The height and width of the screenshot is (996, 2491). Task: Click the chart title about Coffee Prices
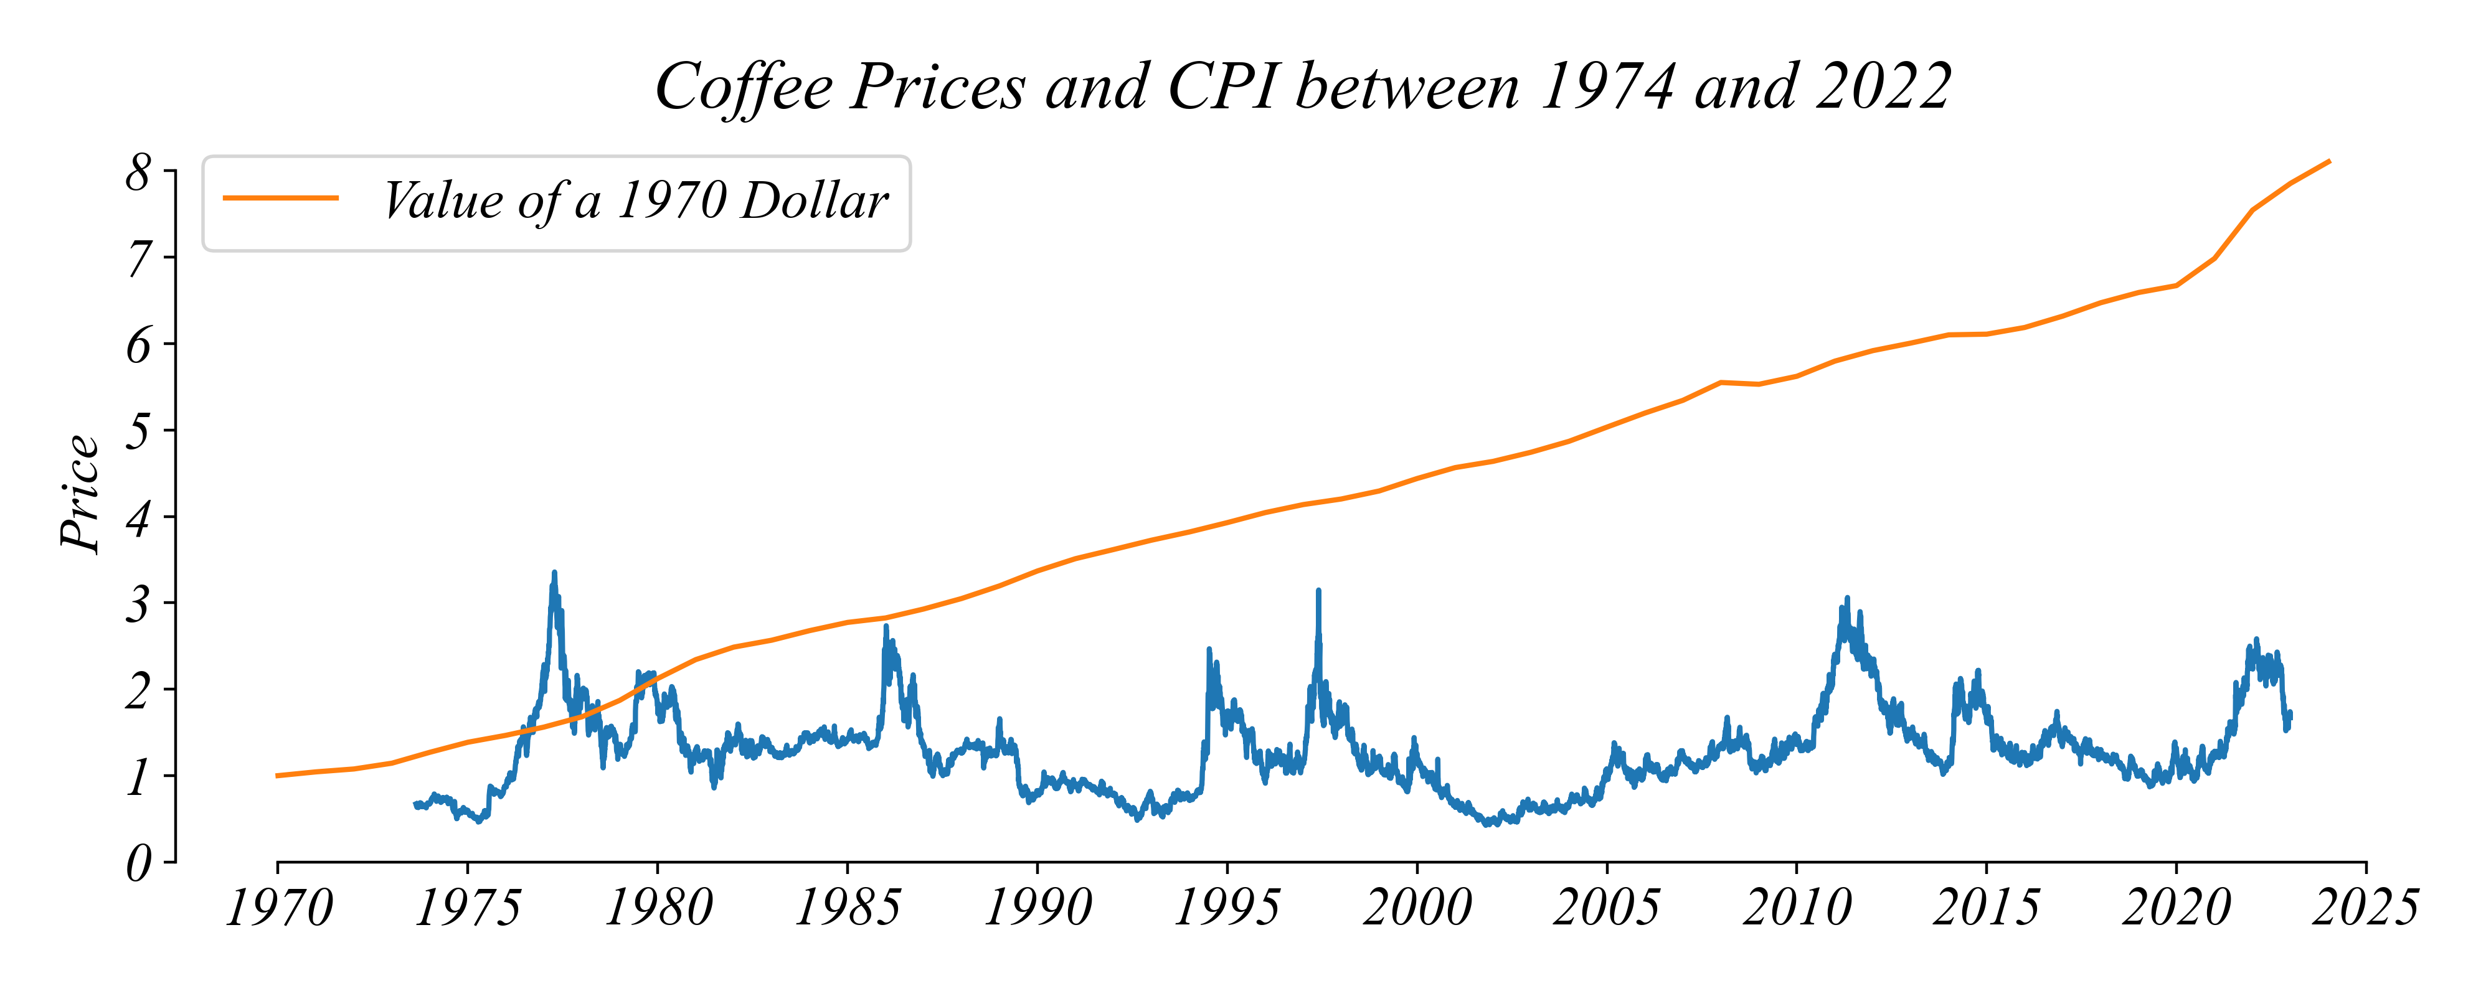(x=1303, y=87)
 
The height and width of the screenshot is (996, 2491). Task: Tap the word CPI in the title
(x=1224, y=87)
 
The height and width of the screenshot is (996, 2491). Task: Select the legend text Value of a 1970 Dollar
(x=635, y=201)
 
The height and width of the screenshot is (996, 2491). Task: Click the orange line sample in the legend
(x=280, y=198)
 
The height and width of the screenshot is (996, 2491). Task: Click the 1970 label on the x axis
(x=278, y=909)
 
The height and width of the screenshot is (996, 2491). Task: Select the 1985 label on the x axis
(x=847, y=909)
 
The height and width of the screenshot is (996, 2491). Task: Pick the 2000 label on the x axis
(x=1417, y=909)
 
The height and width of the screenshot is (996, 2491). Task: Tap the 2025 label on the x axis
(x=2365, y=909)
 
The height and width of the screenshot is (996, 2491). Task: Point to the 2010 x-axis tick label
(x=1797, y=909)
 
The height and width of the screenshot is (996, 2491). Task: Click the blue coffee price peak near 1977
(x=554, y=573)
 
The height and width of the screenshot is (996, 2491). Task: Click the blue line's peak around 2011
(x=1847, y=599)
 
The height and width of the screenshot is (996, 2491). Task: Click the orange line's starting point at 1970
(x=278, y=776)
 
